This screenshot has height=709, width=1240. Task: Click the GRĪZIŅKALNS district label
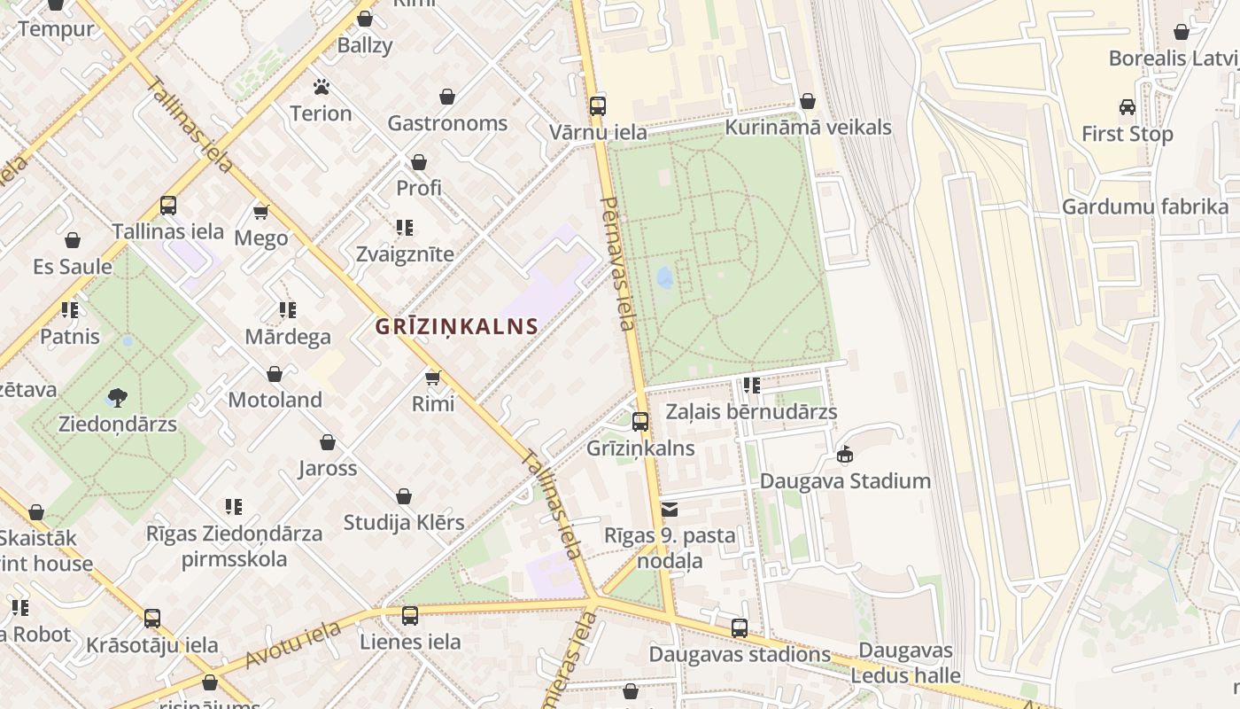pos(456,326)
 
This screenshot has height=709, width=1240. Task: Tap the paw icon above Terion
pos(321,87)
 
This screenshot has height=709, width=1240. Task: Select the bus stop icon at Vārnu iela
pos(598,106)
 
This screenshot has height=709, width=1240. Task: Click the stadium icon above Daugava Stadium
pos(845,455)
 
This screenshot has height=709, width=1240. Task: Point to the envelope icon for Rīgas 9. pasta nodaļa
pos(670,510)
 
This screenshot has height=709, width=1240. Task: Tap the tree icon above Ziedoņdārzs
pos(117,398)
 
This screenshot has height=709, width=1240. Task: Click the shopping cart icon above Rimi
pos(433,378)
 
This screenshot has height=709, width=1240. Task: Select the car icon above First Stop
pos(1128,107)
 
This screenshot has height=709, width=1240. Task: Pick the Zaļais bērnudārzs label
pos(751,412)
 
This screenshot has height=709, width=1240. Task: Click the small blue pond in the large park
pos(665,278)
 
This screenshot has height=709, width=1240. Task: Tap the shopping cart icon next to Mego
pos(261,212)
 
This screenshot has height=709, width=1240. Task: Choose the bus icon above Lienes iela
pos(409,615)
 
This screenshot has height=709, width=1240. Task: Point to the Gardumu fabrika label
pos(1145,207)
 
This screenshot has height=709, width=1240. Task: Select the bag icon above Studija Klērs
pos(404,496)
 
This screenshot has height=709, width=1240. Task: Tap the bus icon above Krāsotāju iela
pos(152,618)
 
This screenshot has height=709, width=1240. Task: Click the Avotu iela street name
pos(293,645)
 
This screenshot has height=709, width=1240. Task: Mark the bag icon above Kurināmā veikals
pos(807,101)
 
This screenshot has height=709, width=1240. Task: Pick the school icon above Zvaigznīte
pos(405,228)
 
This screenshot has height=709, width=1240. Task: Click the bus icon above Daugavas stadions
pos(740,628)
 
